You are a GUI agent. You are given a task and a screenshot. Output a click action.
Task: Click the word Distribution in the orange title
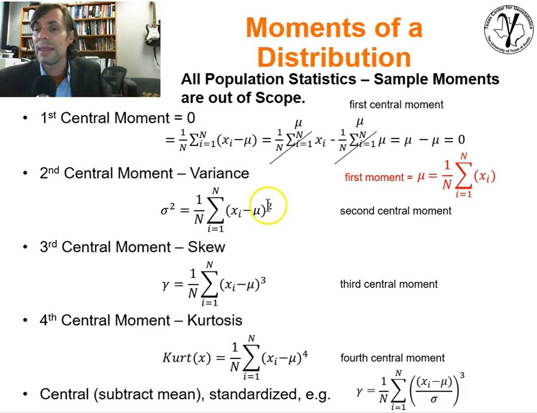(x=334, y=57)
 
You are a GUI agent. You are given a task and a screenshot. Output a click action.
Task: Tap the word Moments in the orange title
(x=305, y=27)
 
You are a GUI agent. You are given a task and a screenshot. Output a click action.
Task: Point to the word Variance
(x=219, y=173)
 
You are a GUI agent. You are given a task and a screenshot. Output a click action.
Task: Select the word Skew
(x=207, y=247)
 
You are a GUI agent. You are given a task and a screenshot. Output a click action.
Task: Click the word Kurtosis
(x=215, y=320)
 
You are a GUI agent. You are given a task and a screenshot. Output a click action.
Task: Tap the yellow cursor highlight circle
(x=268, y=206)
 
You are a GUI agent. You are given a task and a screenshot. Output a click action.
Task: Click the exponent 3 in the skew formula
(x=263, y=281)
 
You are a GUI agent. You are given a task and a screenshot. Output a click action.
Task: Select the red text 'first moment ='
(x=378, y=177)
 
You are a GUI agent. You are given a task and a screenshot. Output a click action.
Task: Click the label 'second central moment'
(x=396, y=211)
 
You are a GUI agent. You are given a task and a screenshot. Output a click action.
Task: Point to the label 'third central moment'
(x=389, y=284)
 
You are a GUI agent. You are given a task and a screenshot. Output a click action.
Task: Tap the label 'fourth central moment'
(x=392, y=358)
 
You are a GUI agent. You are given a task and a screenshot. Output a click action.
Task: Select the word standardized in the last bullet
(x=253, y=394)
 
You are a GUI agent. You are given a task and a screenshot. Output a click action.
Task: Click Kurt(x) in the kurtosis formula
(x=187, y=358)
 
